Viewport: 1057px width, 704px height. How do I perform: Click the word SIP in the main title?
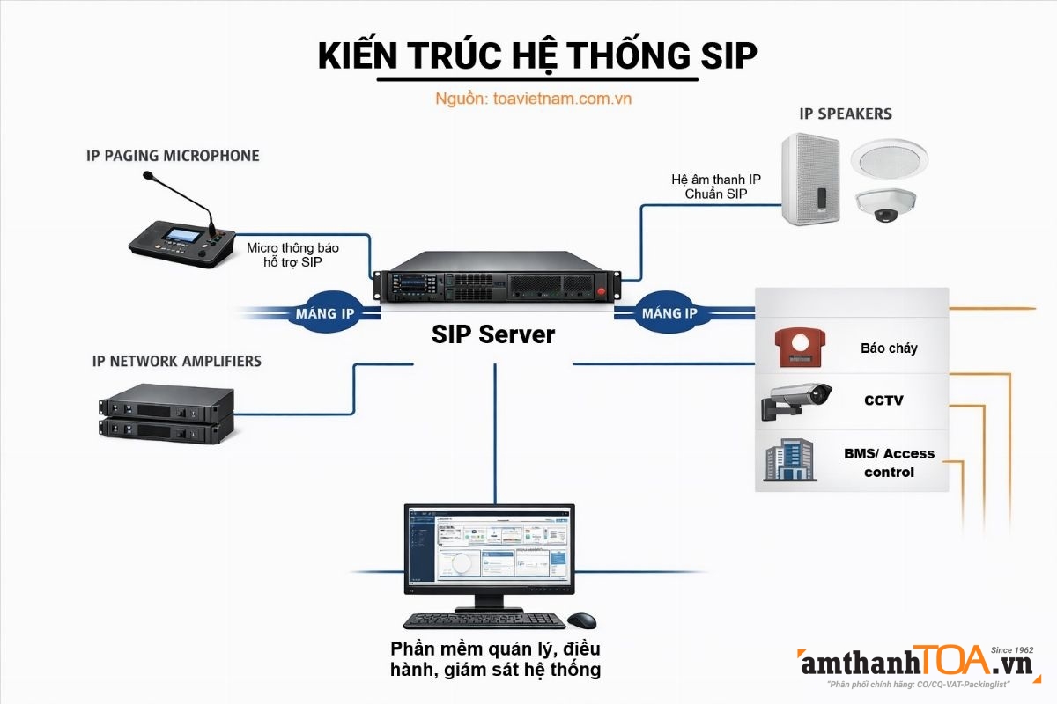[728, 55]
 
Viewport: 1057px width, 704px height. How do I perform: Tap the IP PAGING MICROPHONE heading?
[173, 156]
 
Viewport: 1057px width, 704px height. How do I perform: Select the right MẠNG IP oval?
[669, 313]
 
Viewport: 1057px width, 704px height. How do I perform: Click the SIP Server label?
[493, 334]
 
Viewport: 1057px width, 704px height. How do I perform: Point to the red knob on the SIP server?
[602, 291]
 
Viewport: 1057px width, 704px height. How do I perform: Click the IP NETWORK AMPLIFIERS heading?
[176, 361]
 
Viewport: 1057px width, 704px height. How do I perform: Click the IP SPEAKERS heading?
[845, 114]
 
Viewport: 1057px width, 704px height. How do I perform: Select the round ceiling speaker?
[885, 159]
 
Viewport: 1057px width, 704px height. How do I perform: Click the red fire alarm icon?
[798, 348]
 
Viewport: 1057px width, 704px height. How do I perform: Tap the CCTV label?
[883, 400]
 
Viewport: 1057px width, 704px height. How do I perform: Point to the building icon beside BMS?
[788, 460]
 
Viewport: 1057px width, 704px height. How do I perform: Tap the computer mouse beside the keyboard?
[581, 620]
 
